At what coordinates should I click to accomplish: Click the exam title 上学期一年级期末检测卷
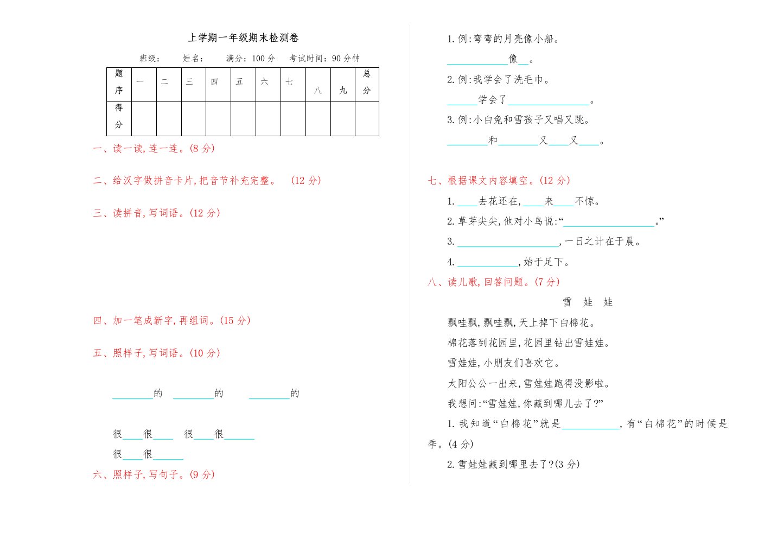243,37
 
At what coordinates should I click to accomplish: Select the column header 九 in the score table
343,90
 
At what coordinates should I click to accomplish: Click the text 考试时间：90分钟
324,58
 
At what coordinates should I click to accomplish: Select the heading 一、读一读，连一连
154,148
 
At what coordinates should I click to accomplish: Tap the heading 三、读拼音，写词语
157,213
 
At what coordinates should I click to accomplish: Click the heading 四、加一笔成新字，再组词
172,320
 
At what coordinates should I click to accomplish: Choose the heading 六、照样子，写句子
154,474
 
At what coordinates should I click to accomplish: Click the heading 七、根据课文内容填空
499,180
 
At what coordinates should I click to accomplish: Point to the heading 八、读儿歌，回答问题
494,282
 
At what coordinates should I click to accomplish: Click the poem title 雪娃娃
588,302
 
